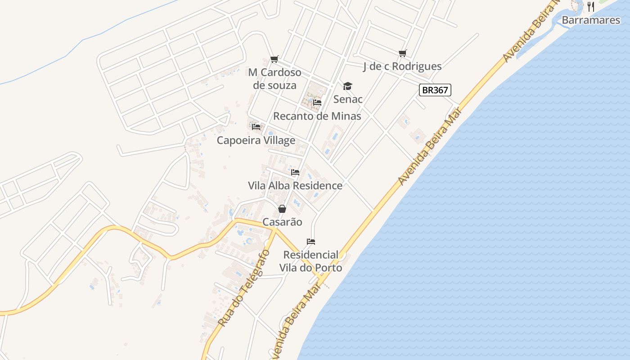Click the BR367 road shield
tap(435, 90)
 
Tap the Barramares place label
tap(591, 20)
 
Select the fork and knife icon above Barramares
tap(591, 7)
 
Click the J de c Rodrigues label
tap(402, 67)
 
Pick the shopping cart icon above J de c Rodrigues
tap(403, 53)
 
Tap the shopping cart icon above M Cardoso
tap(274, 59)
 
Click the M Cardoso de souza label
tap(274, 79)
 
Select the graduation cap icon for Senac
tap(347, 86)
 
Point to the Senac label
tap(348, 99)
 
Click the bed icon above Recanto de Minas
tap(317, 103)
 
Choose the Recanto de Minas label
tap(317, 116)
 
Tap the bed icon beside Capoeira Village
tap(256, 127)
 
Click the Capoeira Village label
tap(256, 140)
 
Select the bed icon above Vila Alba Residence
tap(295, 172)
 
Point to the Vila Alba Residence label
tap(295, 186)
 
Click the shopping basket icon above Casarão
tap(282, 209)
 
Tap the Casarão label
tap(282, 222)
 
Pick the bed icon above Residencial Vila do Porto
tap(311, 242)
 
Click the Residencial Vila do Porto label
tap(310, 261)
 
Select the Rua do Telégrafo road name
tap(243, 288)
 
